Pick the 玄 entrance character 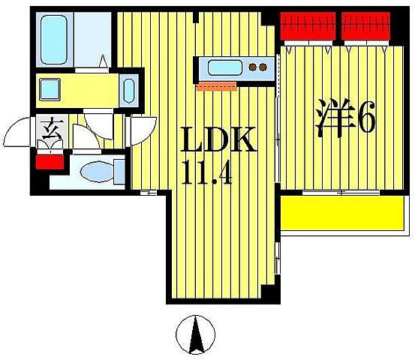click(50, 133)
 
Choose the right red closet click(366, 25)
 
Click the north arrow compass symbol click(197, 335)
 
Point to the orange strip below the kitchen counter click(216, 86)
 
